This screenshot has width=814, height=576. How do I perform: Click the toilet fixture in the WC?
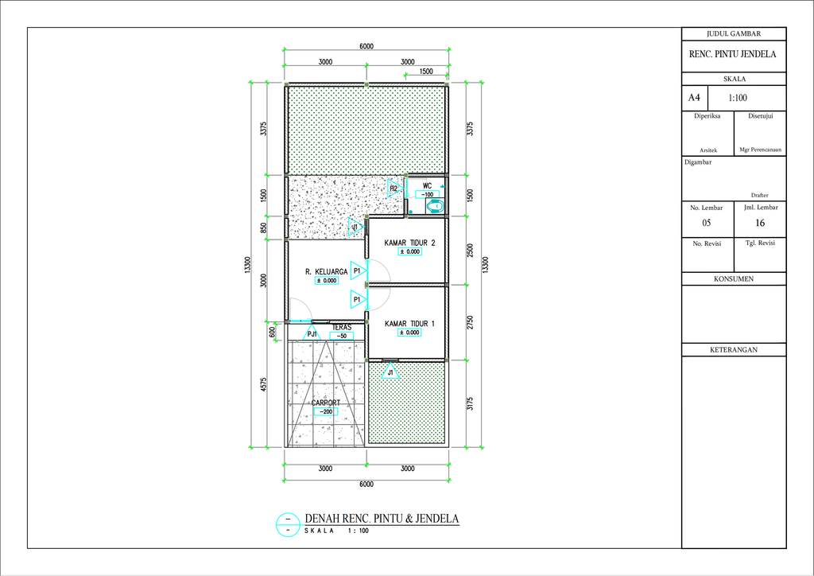(x=435, y=206)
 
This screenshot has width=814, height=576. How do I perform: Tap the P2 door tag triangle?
(x=394, y=188)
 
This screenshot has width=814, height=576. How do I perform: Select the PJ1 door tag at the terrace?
(x=312, y=333)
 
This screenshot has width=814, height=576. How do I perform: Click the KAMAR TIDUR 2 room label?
(x=409, y=243)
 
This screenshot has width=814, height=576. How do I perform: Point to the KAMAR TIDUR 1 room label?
(x=409, y=324)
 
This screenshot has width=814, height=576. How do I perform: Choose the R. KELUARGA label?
(x=326, y=271)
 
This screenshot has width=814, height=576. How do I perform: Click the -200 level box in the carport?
(x=326, y=411)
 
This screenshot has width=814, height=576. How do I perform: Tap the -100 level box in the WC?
(x=427, y=195)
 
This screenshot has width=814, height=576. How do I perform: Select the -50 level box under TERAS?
(x=341, y=336)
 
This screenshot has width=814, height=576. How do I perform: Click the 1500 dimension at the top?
(x=426, y=71)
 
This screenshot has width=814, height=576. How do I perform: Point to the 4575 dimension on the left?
(x=264, y=385)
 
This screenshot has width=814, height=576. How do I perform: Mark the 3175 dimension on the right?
(x=470, y=403)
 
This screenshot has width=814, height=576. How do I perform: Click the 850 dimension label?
(x=264, y=228)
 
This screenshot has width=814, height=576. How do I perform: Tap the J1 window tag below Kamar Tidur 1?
(x=390, y=371)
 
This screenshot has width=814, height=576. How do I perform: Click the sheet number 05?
(x=706, y=223)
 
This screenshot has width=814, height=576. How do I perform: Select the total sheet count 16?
(x=760, y=223)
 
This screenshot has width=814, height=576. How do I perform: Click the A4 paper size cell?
(x=694, y=98)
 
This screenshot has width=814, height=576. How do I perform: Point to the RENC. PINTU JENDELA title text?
(x=732, y=54)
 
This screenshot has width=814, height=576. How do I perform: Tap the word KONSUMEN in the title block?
(x=734, y=279)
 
